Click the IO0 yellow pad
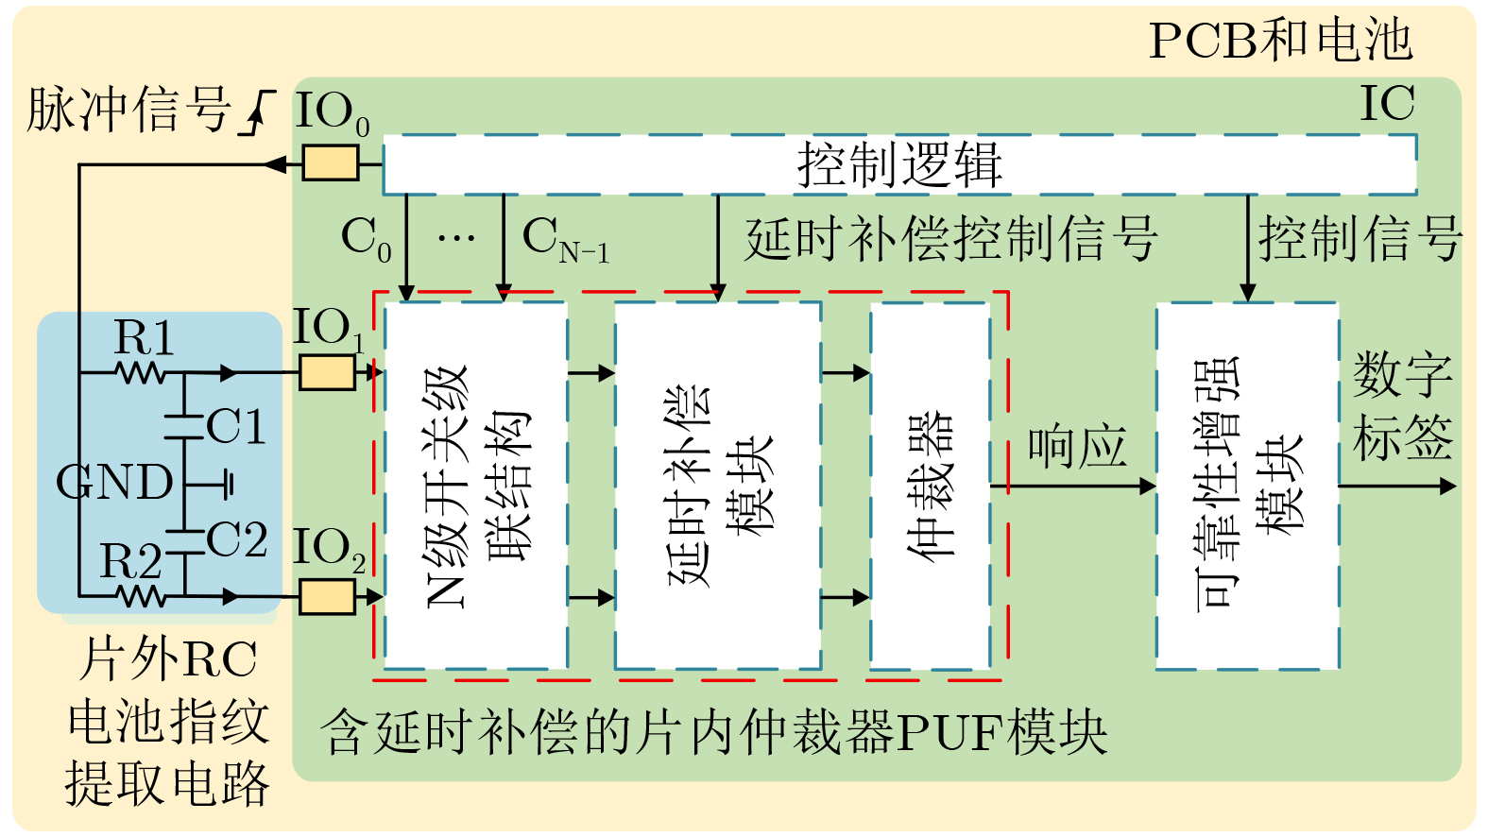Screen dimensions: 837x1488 click(331, 162)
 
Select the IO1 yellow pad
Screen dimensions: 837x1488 click(327, 372)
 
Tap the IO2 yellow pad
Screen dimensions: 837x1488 click(327, 597)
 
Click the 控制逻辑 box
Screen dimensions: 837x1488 click(899, 164)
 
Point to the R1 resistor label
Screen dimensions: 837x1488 click(144, 338)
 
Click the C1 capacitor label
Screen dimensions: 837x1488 click(236, 427)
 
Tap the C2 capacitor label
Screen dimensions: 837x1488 click(236, 541)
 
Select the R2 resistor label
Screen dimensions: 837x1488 click(131, 562)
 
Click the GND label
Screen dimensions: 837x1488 click(114, 483)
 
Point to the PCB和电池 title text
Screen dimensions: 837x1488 click(1280, 41)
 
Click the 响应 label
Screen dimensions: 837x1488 click(1077, 447)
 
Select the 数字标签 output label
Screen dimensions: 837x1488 click(1403, 406)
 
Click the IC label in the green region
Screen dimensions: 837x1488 click(1387, 104)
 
